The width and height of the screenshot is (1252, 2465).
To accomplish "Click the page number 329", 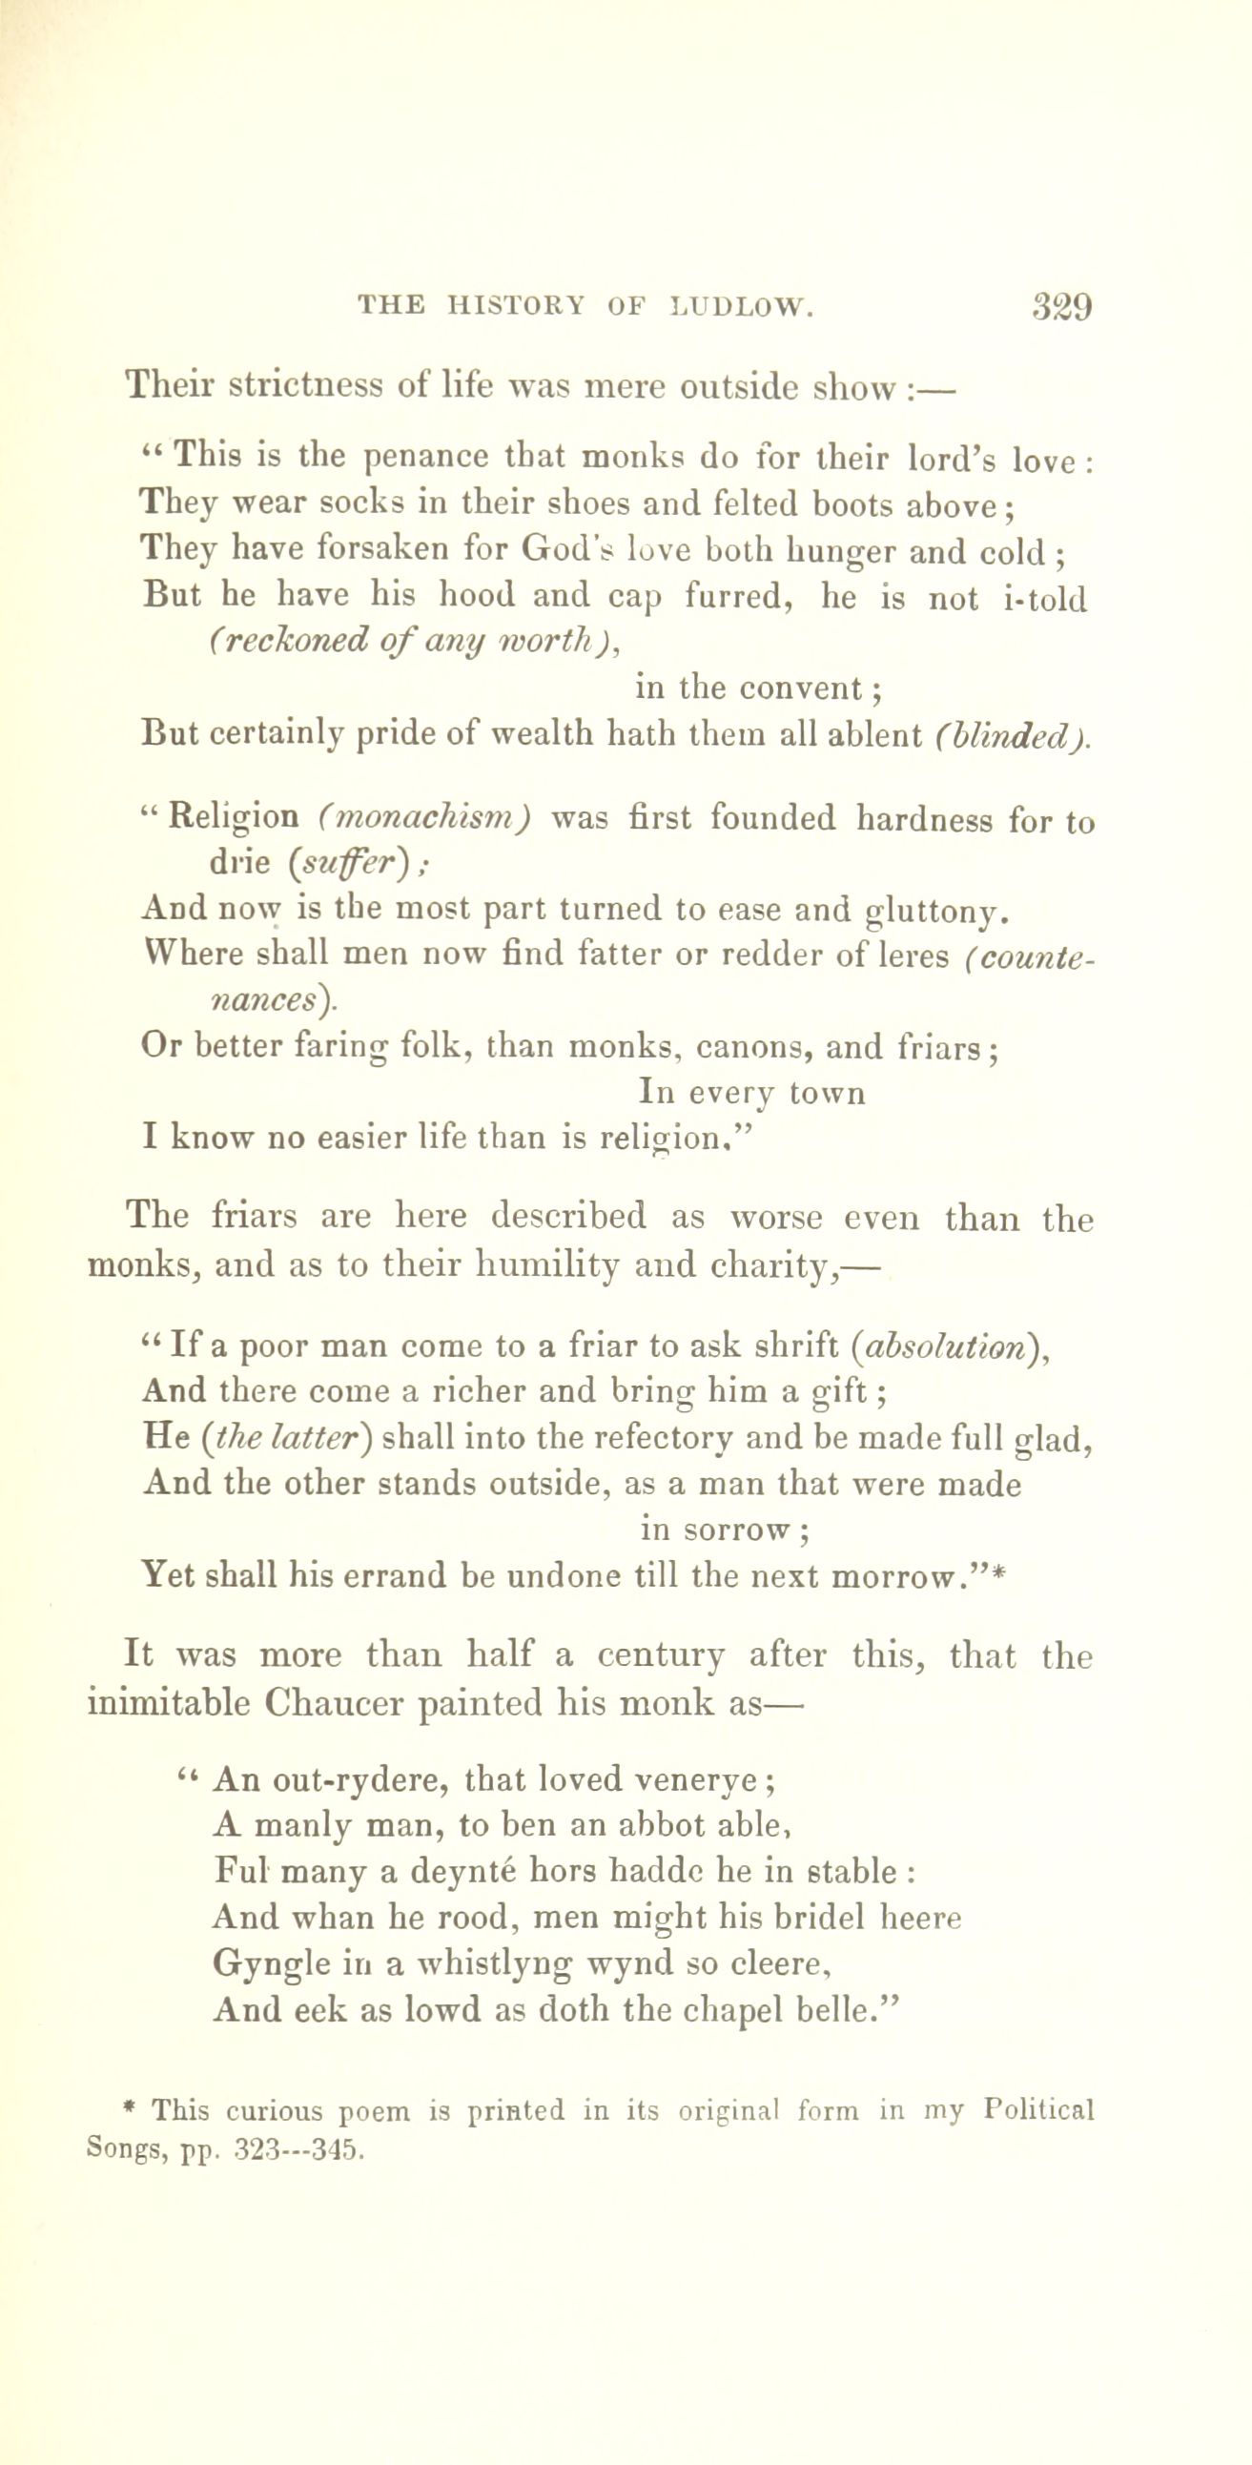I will coord(1061,308).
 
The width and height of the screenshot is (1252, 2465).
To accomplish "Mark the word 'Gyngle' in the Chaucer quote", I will coord(273,1965).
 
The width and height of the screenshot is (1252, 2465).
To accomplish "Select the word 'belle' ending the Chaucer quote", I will coord(834,2010).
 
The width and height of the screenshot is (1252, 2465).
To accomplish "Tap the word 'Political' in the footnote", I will coord(1038,2111).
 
